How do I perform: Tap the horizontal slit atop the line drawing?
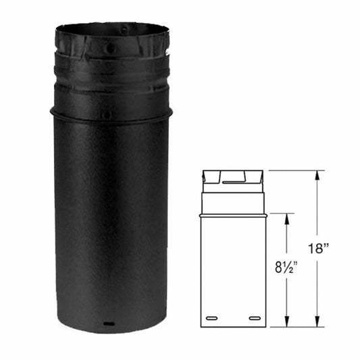tap(234, 182)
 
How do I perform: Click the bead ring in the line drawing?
tap(234, 215)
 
